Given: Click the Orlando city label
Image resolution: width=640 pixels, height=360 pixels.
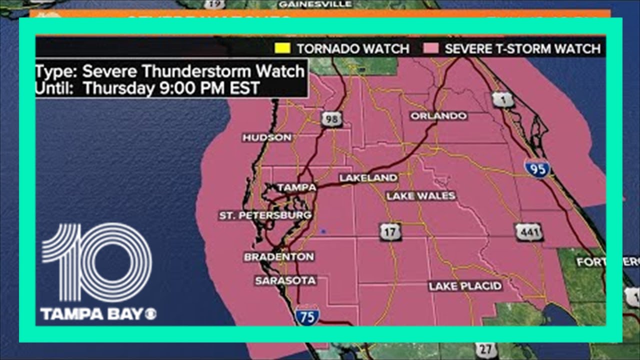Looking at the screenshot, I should point(438,116).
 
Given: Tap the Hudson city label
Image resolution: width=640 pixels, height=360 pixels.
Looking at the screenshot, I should point(267,137).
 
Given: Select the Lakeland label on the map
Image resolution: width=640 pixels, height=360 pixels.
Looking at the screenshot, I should point(368,178).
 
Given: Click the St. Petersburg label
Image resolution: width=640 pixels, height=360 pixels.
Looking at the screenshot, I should point(265,215).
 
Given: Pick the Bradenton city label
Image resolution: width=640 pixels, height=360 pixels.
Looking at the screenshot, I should point(279,257).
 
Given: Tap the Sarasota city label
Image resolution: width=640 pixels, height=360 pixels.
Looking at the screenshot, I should point(285,280).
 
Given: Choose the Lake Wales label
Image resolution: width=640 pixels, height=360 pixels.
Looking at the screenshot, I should point(421,196).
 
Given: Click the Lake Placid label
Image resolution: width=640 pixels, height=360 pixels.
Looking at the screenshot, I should point(465,286).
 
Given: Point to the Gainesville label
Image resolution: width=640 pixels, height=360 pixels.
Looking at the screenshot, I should point(315,4).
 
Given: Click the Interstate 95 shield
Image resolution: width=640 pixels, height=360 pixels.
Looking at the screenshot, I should point(537,168).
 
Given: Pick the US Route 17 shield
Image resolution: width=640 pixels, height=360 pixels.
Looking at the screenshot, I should point(390,231).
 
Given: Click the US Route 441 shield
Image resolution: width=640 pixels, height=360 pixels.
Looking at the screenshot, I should point(528,232).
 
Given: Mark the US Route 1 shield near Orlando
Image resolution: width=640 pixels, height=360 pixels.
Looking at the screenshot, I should point(503,100).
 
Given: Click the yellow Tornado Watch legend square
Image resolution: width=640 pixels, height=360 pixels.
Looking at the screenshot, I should point(282,48).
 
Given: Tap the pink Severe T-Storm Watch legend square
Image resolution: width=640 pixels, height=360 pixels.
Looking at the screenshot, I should point(431,48).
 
